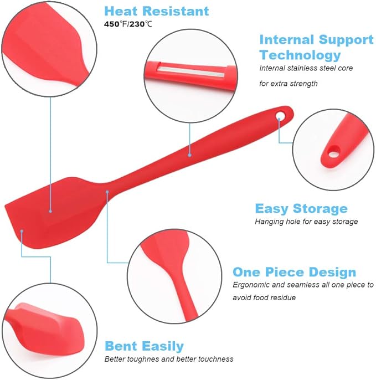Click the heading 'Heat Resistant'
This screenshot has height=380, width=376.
[x=157, y=11]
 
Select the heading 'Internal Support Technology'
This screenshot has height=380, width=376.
[x=316, y=47]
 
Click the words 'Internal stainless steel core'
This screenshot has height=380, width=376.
[x=306, y=68]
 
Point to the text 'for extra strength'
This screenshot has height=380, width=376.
[x=289, y=84]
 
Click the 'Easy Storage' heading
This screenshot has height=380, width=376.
[x=301, y=208]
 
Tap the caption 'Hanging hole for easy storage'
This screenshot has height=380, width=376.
[x=306, y=222]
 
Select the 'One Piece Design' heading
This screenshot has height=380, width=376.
[x=294, y=272]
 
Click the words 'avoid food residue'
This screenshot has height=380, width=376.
[x=264, y=297]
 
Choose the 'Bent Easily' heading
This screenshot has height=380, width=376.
[x=144, y=346]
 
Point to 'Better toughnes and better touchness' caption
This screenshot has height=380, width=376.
[x=169, y=359]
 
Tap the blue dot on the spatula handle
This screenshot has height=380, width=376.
[x=189, y=155]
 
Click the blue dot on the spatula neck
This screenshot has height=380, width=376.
[x=107, y=192]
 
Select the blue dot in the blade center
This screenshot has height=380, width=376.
[x=50, y=210]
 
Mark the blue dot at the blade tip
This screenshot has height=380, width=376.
[x=22, y=230]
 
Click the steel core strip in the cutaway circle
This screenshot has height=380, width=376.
[x=189, y=68]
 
